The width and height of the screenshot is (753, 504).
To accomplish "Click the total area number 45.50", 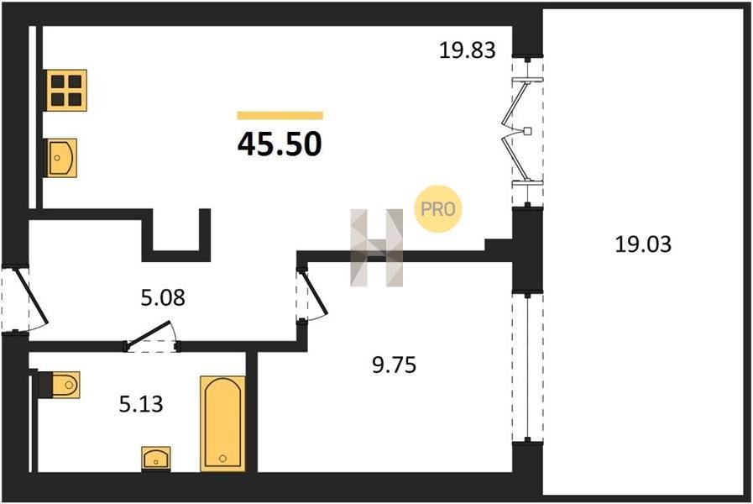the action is [x=280, y=144].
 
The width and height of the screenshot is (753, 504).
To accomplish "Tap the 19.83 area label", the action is [x=468, y=50].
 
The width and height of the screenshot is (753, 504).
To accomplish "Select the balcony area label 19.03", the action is [x=643, y=244].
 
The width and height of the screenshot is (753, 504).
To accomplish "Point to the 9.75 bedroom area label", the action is [x=395, y=365].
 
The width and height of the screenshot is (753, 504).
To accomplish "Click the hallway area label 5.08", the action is [x=163, y=297].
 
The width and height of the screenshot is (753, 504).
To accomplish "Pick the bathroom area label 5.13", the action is [x=141, y=404].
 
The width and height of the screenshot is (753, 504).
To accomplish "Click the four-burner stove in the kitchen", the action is [x=65, y=91].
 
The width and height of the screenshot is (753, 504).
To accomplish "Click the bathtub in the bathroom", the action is [x=222, y=423].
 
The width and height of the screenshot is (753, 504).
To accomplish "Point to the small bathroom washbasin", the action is [x=156, y=459].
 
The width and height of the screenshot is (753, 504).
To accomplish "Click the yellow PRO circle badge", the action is [x=437, y=209].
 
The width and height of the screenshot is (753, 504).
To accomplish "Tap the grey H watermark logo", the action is [x=376, y=248].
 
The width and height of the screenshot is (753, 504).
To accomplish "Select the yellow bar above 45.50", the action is [x=280, y=115].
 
